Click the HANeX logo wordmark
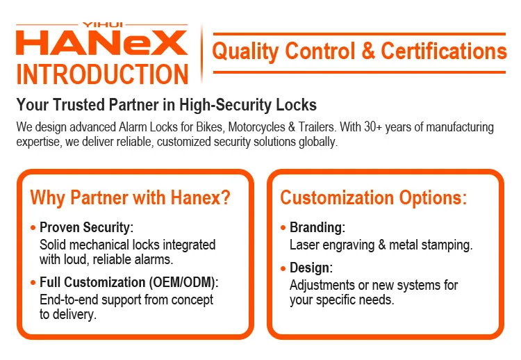click(x=101, y=42)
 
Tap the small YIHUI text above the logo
click(x=103, y=24)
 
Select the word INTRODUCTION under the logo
click(x=102, y=74)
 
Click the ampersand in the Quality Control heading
click(x=367, y=51)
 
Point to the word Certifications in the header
click(x=444, y=51)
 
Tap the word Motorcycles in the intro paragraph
click(x=256, y=127)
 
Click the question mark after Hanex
click(x=226, y=197)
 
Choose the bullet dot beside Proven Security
click(x=33, y=228)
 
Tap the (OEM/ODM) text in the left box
click(x=183, y=282)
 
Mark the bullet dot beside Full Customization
click(x=33, y=283)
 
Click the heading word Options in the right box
click(x=433, y=197)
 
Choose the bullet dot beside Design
click(x=283, y=268)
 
